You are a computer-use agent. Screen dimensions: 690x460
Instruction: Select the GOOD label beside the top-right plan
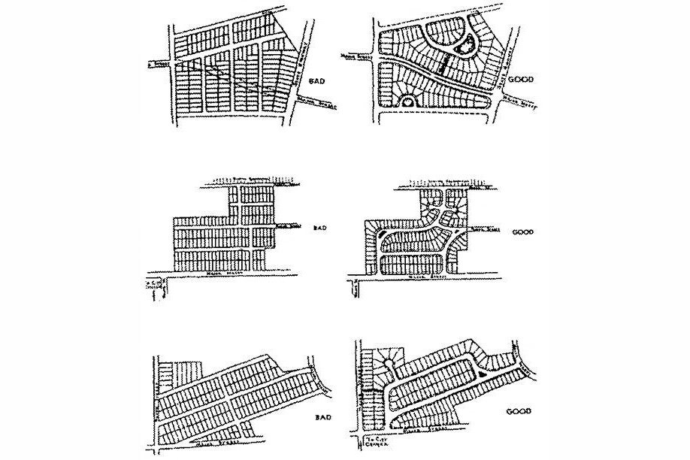[x=519, y=78]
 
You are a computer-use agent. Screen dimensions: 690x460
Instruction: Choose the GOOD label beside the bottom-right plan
[x=519, y=413]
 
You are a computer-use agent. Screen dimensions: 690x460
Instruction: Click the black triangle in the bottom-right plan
[x=480, y=371]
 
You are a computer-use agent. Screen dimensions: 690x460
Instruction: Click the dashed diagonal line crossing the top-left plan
[x=225, y=75]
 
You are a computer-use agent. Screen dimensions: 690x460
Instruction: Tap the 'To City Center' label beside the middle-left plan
[x=154, y=287]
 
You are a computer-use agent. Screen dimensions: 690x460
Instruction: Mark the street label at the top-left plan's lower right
[x=317, y=104]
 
